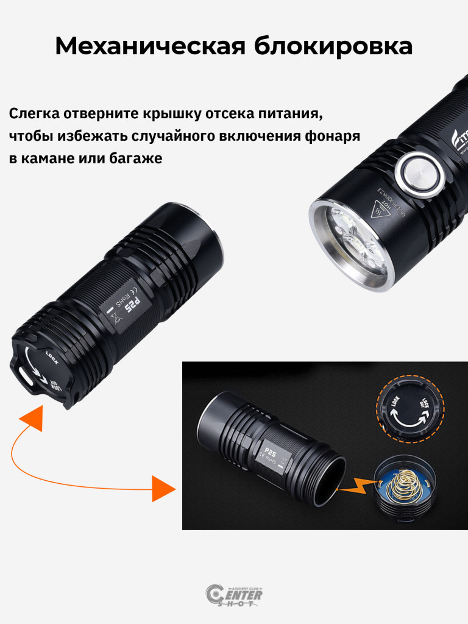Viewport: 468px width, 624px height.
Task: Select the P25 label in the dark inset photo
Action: point(271,453)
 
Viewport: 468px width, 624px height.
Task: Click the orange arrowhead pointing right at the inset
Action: point(163,489)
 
